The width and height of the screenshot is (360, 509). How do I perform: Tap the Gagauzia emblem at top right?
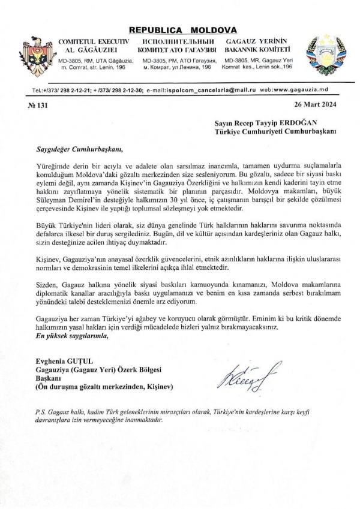pos(322,53)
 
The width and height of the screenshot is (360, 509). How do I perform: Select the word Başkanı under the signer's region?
pos(45,378)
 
